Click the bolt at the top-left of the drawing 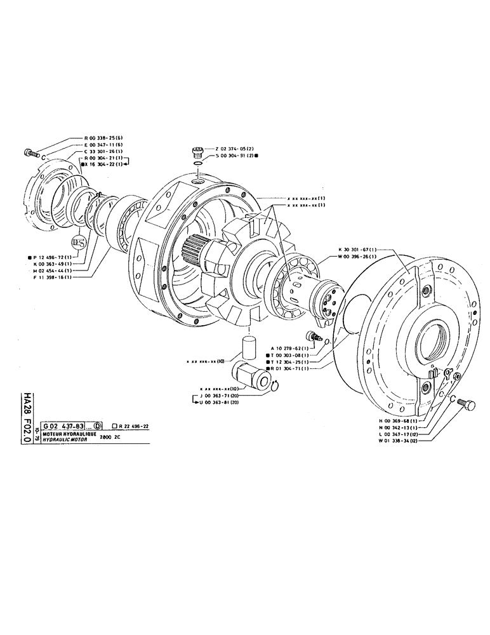(30, 152)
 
